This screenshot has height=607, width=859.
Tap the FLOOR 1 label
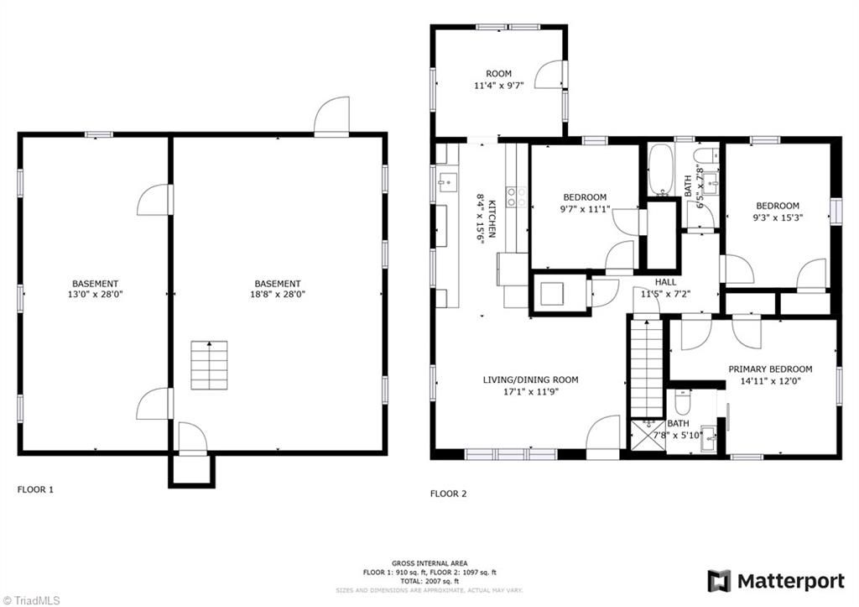[x=35, y=489]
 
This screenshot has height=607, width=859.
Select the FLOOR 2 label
[x=448, y=494]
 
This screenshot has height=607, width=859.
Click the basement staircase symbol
[x=209, y=365]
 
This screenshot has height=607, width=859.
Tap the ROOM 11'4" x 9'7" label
[x=498, y=80]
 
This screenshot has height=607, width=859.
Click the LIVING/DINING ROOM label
[x=530, y=385]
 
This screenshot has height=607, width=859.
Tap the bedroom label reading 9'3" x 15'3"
[x=777, y=212]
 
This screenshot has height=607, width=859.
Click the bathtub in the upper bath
[x=660, y=170]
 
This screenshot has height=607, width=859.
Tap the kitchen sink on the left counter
[x=446, y=181]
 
